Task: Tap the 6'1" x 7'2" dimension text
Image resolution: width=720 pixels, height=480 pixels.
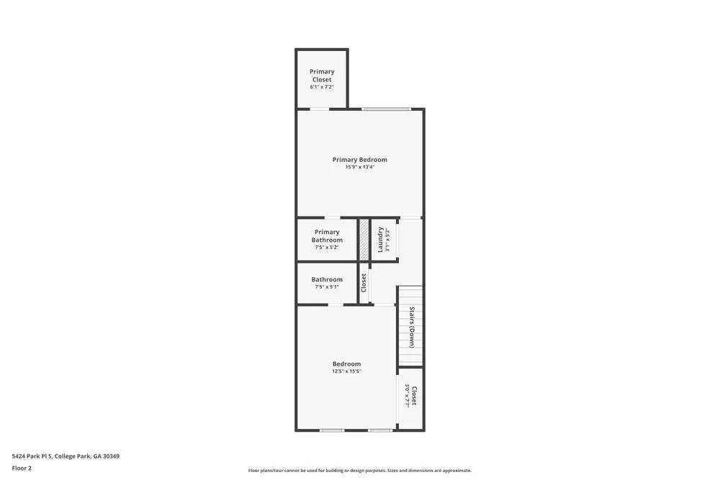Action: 322,87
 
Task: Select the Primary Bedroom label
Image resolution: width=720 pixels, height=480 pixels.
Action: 359,160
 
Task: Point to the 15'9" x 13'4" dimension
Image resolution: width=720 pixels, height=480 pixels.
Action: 359,167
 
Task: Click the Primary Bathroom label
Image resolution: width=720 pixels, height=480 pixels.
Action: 327,235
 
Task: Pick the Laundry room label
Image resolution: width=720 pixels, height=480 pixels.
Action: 380,240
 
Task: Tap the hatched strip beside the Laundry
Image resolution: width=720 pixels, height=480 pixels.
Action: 364,240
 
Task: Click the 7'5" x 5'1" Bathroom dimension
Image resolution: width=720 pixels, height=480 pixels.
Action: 327,287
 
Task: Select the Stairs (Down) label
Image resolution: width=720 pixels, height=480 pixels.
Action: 412,327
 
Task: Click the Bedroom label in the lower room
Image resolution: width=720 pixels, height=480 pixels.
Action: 346,363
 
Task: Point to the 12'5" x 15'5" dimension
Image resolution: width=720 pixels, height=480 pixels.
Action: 346,371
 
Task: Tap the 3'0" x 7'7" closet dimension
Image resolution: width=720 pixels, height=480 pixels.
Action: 407,396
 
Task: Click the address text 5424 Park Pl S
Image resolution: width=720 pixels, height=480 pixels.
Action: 66,456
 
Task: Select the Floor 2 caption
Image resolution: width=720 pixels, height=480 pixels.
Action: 22,468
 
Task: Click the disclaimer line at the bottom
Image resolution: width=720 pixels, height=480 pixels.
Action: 359,471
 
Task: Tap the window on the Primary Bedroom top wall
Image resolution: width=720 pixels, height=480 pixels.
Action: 387,109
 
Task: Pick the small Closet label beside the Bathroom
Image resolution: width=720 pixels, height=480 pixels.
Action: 364,282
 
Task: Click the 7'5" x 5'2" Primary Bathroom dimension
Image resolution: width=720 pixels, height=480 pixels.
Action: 327,248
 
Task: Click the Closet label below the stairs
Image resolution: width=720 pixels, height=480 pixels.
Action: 414,396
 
